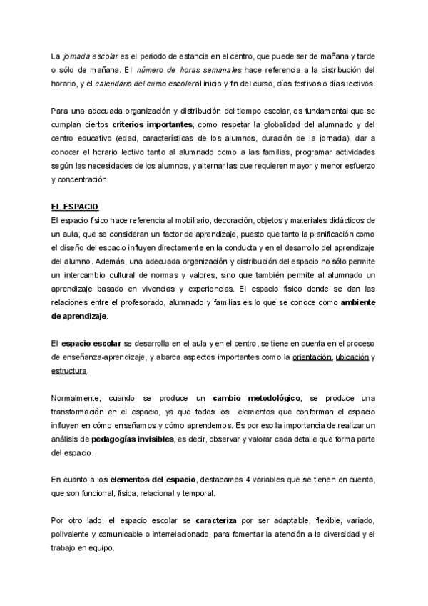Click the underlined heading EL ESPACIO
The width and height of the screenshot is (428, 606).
(x=76, y=207)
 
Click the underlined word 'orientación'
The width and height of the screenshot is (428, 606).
(x=312, y=357)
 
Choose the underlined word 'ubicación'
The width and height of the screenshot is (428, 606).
(x=352, y=357)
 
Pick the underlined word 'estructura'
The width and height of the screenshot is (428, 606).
(x=70, y=372)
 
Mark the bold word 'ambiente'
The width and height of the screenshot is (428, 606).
(x=353, y=303)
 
